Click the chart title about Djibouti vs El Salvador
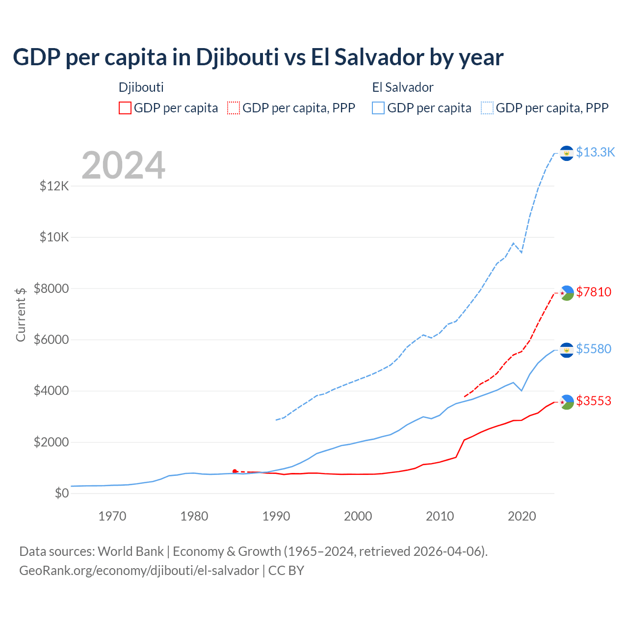[258, 57]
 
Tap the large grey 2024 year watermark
[123, 166]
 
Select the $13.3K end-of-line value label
[595, 153]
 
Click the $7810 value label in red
[594, 292]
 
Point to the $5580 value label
[594, 349]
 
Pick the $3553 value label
[594, 401]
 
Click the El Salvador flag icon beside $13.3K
[567, 153]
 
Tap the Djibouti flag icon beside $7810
[567, 293]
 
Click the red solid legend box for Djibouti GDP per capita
[125, 108]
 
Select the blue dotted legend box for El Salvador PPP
[487, 108]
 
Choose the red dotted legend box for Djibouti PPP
[234, 108]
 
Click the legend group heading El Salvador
[403, 88]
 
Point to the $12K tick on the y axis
[54, 186]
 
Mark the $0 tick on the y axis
[61, 494]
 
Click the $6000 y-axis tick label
[51, 340]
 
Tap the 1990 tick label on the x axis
[276, 517]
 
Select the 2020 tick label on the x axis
[522, 517]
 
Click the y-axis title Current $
[21, 314]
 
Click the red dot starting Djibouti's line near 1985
[235, 471]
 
